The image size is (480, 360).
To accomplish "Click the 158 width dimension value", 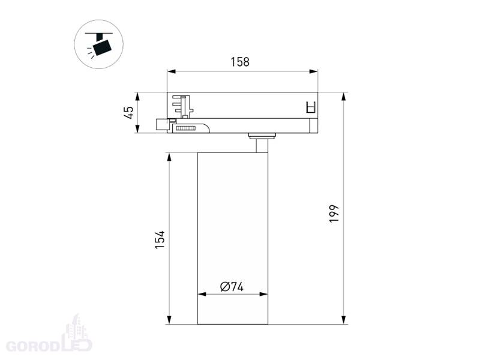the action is (240, 62).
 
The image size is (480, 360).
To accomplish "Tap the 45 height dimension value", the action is (129, 112).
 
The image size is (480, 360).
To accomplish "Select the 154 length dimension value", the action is (160, 239).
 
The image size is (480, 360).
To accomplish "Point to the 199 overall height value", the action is (334, 214).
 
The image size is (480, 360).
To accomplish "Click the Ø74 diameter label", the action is (232, 287).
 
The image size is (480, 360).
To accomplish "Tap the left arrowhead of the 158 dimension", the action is (171, 71).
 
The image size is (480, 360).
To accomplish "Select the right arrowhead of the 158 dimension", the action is (313, 71).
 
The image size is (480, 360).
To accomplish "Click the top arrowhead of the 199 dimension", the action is (344, 97).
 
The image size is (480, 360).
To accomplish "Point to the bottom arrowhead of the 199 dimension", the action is (344, 320).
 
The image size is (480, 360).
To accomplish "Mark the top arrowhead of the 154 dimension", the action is (169, 157).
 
